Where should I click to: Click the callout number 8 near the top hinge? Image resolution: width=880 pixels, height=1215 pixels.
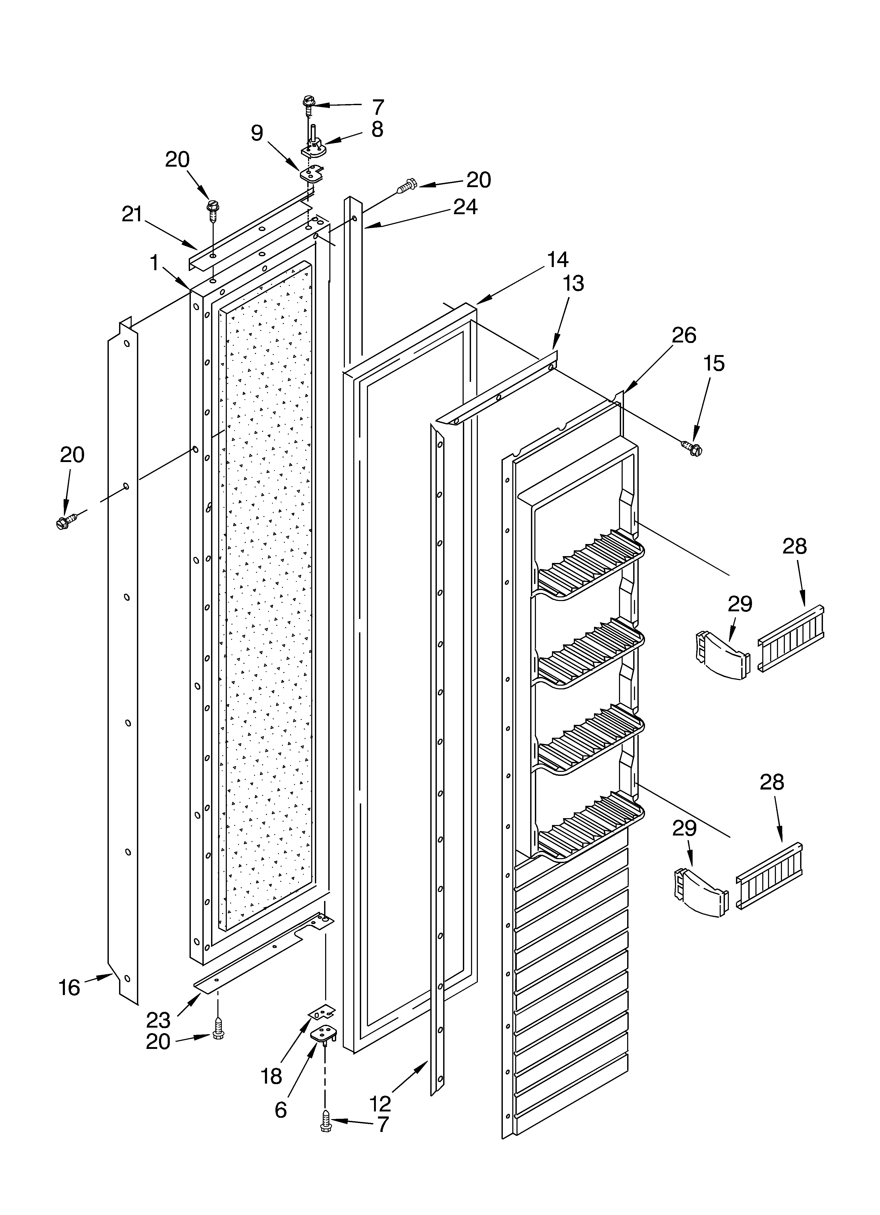tap(377, 130)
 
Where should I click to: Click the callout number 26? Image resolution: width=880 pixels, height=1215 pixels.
tap(684, 335)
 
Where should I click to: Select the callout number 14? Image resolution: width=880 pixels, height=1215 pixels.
tap(557, 260)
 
